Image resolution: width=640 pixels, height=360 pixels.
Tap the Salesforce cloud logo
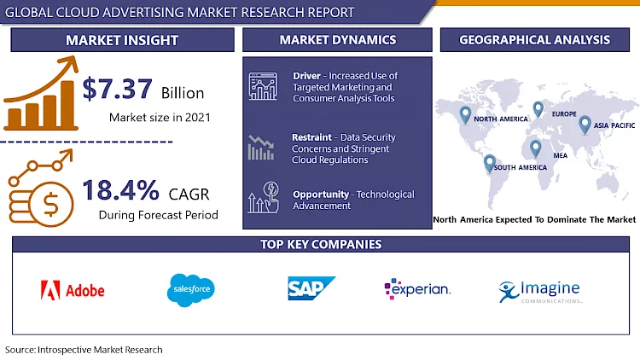pyautogui.click(x=190, y=291)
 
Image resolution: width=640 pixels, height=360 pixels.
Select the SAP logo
pyautogui.click(x=311, y=290)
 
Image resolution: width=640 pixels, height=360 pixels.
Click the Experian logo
pyautogui.click(x=417, y=290)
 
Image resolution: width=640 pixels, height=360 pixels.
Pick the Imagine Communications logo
pyautogui.click(x=539, y=291)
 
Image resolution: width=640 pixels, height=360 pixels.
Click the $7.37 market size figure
pyautogui.click(x=119, y=88)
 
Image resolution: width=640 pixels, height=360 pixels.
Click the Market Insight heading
pyautogui.click(x=121, y=40)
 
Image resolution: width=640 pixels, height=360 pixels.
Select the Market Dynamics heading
pyautogui.click(x=337, y=40)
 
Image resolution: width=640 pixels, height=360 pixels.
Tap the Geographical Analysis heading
pyautogui.click(x=534, y=40)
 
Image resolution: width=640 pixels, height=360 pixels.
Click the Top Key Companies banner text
pyautogui.click(x=320, y=245)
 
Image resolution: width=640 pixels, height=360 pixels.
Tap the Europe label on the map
pyautogui.click(x=564, y=114)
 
